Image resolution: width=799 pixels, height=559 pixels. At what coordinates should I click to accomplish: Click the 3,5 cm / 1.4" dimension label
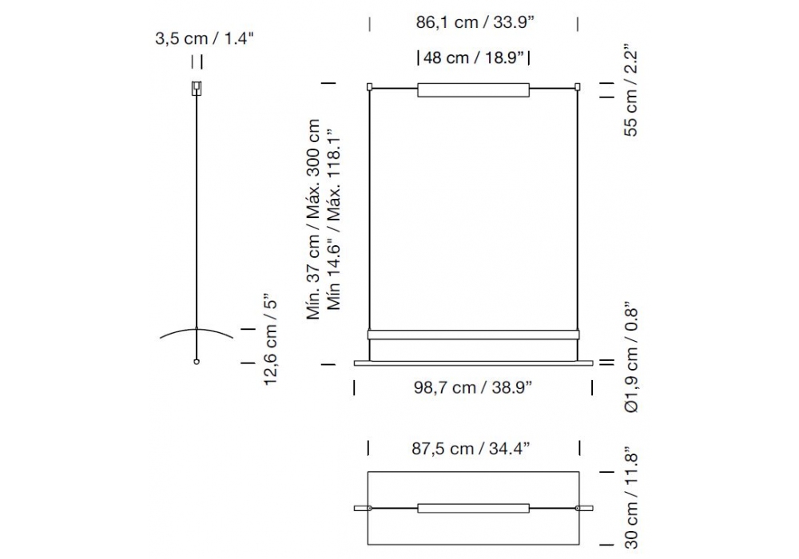(x=205, y=38)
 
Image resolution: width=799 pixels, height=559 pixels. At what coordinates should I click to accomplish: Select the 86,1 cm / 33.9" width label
(x=475, y=22)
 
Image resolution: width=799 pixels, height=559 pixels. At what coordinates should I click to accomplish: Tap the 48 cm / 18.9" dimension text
(x=473, y=57)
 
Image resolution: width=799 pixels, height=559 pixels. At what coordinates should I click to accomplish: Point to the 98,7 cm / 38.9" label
(x=473, y=387)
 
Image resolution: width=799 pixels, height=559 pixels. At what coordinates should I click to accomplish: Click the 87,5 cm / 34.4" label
(x=471, y=449)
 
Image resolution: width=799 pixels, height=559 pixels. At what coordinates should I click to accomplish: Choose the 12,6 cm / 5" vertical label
(x=270, y=339)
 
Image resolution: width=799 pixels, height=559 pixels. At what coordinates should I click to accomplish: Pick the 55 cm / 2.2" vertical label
(x=630, y=93)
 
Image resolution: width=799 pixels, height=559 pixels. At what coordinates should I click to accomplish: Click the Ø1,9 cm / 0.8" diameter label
(x=631, y=360)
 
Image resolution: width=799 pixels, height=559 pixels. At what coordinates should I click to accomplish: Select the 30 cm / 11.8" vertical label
(x=631, y=502)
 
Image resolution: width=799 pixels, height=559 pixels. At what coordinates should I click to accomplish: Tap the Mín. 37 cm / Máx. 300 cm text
(x=313, y=220)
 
